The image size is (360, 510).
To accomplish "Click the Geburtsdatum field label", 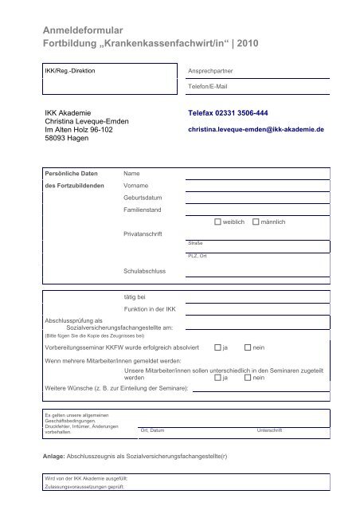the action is (143, 197).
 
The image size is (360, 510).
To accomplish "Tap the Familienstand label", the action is (143, 210).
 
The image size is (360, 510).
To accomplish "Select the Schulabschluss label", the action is (144, 271).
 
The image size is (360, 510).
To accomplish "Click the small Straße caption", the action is (194, 242).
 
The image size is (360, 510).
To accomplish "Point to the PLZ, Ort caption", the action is (198, 256).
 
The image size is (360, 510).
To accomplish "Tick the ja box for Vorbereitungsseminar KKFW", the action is (217, 348).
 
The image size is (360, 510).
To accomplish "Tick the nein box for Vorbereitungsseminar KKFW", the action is (248, 348).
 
